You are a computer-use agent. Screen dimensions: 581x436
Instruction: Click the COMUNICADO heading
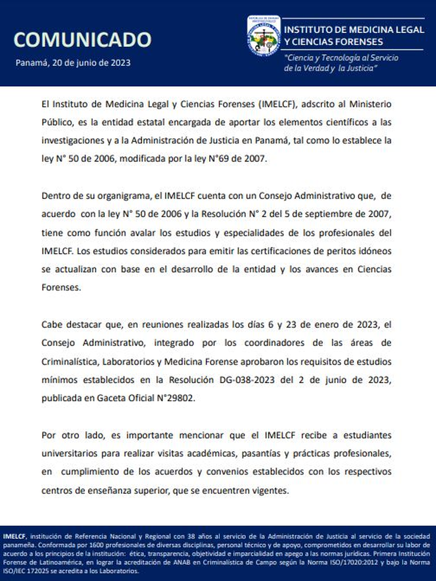coord(82,40)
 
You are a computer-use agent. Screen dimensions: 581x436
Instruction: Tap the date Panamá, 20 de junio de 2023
coord(73,63)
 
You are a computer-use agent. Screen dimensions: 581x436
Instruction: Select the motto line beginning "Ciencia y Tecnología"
coord(342,58)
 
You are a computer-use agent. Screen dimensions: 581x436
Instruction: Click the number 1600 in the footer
coord(93,545)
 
